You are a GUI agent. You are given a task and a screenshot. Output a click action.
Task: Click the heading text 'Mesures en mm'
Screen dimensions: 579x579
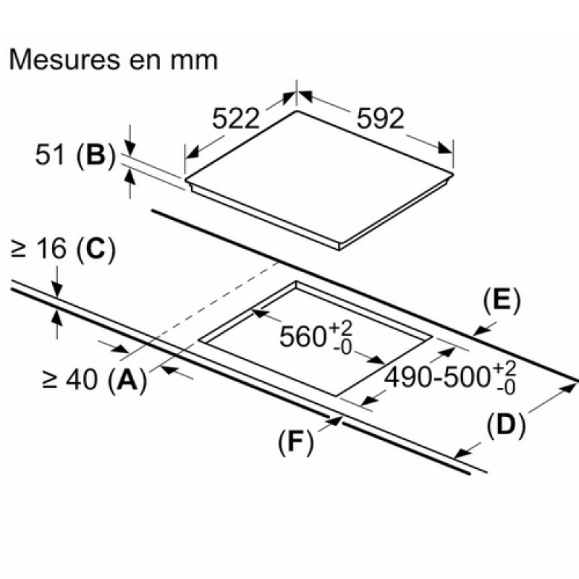coord(114,60)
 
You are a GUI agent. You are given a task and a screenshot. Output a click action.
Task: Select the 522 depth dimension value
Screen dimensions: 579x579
coord(236,118)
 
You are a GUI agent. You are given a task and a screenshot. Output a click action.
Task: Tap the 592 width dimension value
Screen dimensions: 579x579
coord(381,118)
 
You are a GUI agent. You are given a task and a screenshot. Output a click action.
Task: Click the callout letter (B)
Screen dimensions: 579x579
coord(96,155)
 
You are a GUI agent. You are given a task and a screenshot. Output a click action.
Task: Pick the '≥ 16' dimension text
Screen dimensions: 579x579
coord(39,248)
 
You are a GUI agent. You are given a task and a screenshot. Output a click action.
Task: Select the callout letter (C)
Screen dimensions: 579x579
coord(96,249)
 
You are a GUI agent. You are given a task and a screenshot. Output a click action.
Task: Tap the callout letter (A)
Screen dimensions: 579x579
coord(128,381)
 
